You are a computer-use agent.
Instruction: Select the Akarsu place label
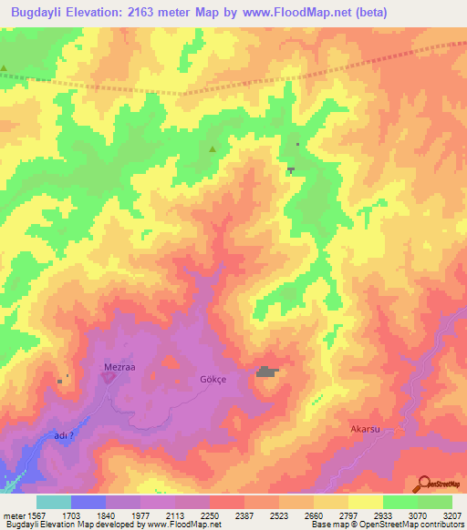point(364,427)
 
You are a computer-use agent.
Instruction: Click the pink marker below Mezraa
point(108,377)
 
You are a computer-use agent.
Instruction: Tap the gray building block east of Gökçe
point(266,372)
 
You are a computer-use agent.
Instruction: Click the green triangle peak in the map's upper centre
point(213,149)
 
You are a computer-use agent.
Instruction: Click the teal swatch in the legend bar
point(54,502)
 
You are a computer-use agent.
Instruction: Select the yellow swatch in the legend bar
point(365,502)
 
